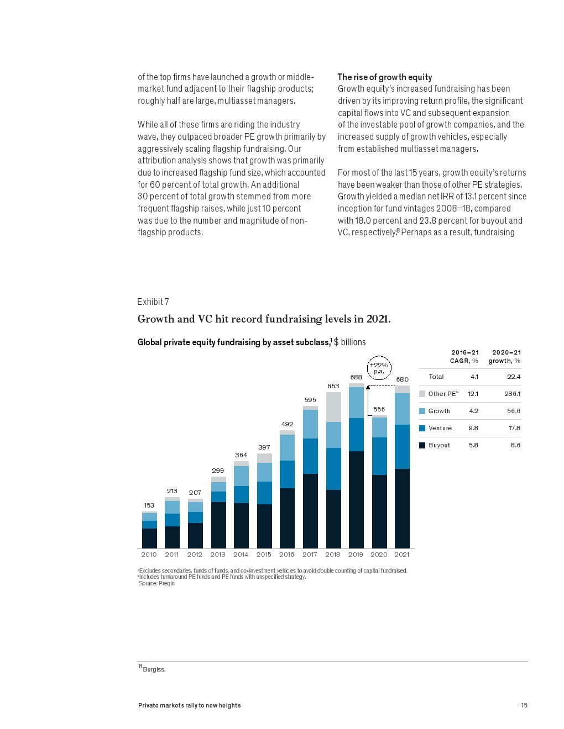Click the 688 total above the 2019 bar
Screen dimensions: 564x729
(x=356, y=377)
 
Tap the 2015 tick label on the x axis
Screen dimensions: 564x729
(x=264, y=554)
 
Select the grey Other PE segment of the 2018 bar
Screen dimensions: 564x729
(x=333, y=407)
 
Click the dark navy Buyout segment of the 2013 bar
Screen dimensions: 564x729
(x=218, y=525)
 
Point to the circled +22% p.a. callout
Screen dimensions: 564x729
(x=379, y=368)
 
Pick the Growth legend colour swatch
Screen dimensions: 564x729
(x=422, y=411)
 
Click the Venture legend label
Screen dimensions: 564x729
(x=440, y=428)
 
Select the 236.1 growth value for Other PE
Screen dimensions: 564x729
(x=512, y=394)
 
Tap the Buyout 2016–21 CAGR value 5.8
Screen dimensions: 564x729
(x=473, y=445)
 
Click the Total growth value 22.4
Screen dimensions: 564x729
(x=514, y=377)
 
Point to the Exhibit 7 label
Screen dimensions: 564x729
(x=153, y=302)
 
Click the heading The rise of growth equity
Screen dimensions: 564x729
(x=385, y=77)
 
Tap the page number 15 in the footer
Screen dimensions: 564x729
(x=524, y=705)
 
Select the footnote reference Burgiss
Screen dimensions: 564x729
(x=154, y=669)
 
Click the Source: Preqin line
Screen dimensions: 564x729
(x=157, y=583)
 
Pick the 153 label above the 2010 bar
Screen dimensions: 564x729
(x=149, y=505)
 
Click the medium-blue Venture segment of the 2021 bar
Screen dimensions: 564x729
(x=402, y=447)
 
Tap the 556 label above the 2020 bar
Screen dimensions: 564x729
(x=379, y=409)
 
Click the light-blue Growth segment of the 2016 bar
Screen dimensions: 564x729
(x=287, y=447)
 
